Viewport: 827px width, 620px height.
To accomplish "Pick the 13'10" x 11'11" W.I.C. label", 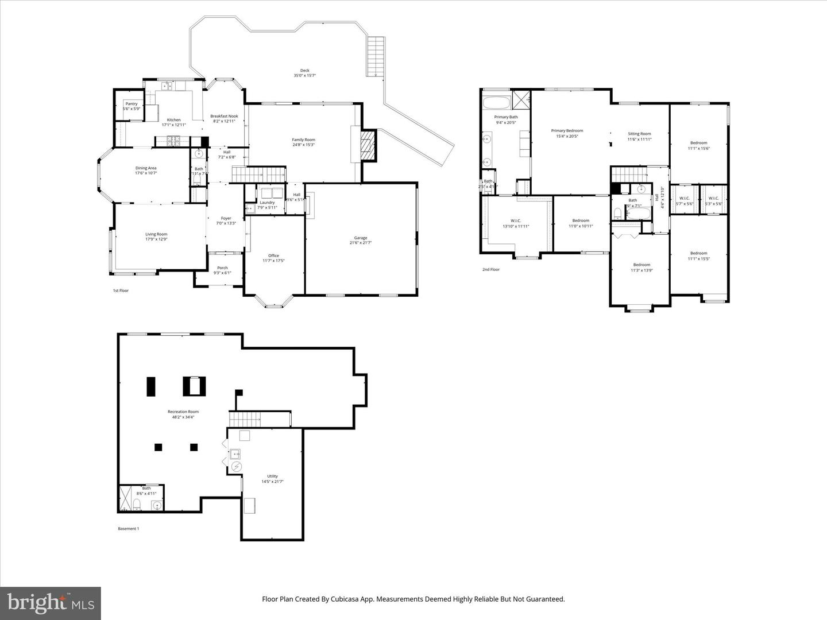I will (x=515, y=223).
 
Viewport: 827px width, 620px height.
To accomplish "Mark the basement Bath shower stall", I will (x=125, y=498).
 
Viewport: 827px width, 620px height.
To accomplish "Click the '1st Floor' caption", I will (x=121, y=290).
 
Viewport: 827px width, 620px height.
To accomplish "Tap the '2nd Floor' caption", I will (x=491, y=269).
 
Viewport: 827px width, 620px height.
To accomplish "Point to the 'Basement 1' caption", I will (x=128, y=529).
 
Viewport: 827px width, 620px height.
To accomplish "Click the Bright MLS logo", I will (x=51, y=603).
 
